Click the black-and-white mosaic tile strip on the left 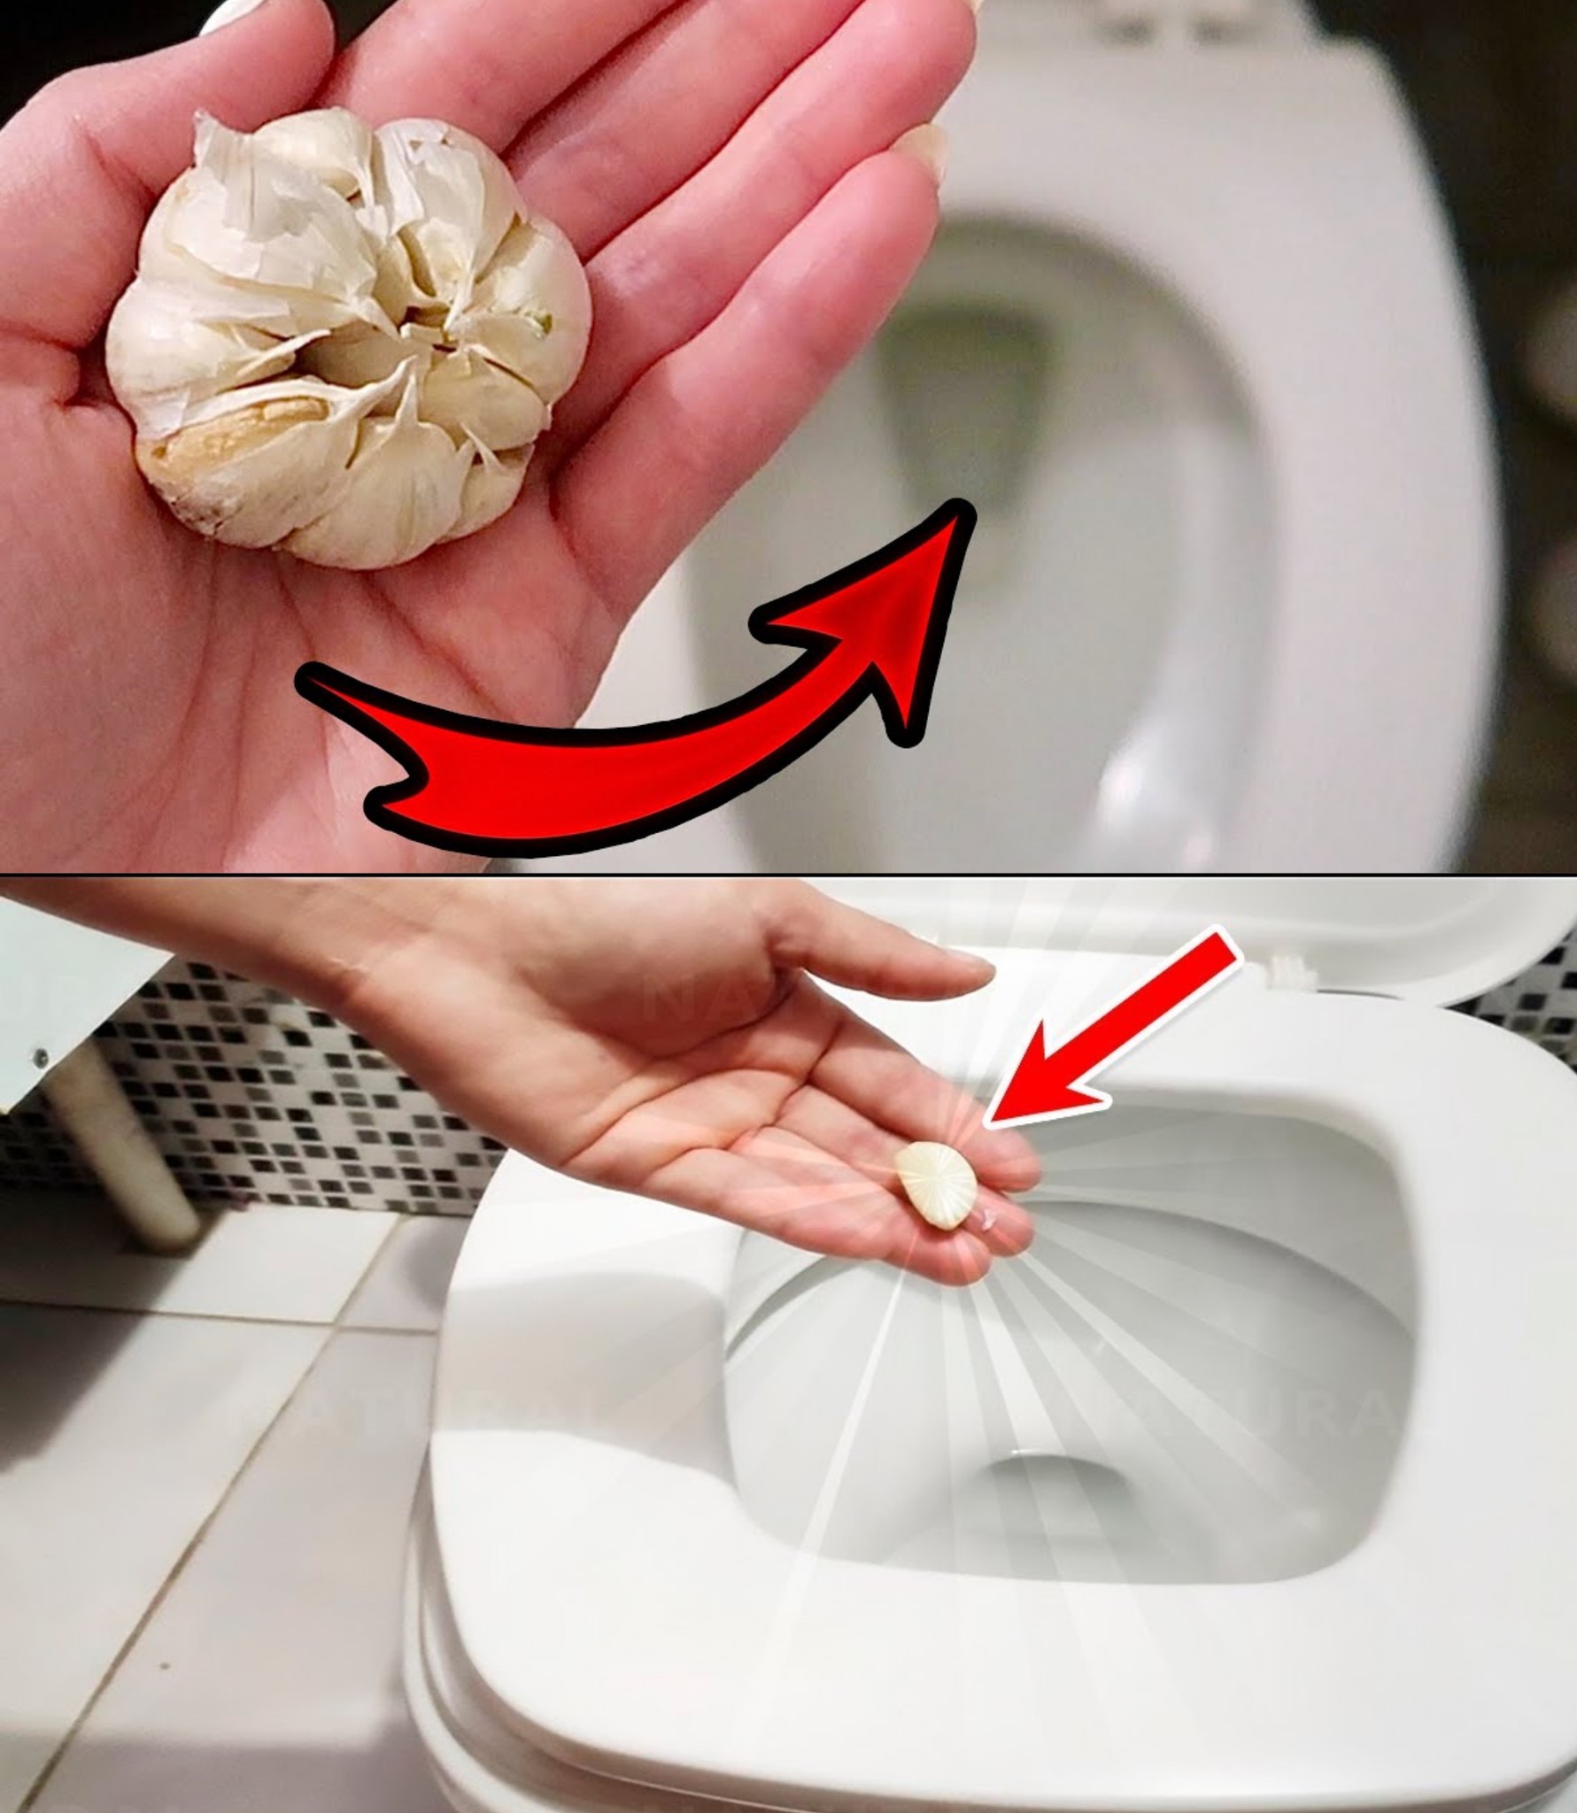tap(266, 1107)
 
